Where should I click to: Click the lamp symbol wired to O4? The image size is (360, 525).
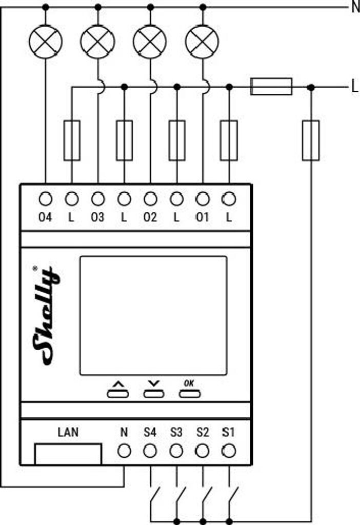46,42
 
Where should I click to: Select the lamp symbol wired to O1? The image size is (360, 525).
203,42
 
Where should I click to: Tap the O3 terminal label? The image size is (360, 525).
97,217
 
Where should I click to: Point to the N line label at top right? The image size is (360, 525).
355,8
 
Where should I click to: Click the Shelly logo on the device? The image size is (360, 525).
46,315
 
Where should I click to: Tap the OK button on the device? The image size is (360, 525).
189,394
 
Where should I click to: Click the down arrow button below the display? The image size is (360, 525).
153,394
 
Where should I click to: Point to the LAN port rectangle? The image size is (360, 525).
68,454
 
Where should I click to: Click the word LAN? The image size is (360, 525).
68,432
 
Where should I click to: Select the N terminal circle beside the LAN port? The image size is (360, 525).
124,451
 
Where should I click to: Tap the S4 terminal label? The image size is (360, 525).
150,433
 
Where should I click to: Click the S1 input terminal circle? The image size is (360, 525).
229,451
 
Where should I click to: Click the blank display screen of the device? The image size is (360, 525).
153,315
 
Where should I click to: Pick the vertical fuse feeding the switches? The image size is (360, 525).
311,140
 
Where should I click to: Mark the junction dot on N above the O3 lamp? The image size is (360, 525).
98,7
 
